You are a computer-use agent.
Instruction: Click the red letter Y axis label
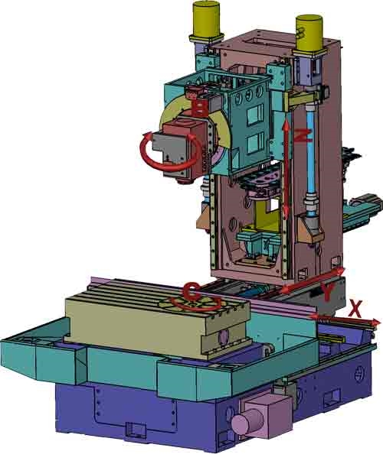(x=327, y=292)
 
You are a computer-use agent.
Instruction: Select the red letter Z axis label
(x=303, y=136)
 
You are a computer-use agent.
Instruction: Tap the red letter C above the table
(x=191, y=290)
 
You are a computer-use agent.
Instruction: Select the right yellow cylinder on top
(x=309, y=33)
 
